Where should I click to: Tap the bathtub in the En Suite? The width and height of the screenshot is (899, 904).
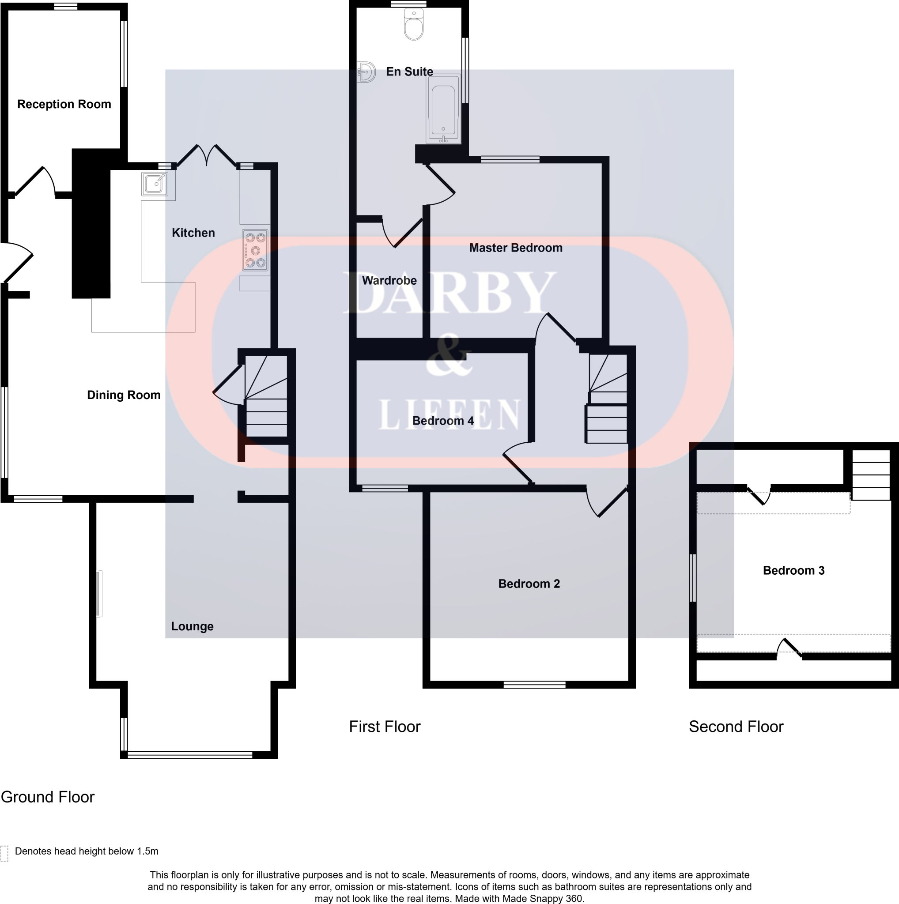click(443, 109)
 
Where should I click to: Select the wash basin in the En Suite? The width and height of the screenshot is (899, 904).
click(366, 72)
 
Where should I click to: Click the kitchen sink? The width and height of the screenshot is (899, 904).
click(155, 184)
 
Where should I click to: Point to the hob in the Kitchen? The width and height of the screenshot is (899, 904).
click(255, 250)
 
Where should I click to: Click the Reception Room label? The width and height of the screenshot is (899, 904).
click(64, 104)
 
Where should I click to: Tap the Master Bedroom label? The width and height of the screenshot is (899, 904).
click(516, 248)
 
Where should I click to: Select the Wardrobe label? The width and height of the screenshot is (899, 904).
click(389, 280)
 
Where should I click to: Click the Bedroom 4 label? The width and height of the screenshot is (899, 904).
click(443, 421)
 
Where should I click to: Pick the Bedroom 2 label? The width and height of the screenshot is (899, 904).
click(529, 584)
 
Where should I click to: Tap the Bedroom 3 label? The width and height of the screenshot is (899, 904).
click(794, 570)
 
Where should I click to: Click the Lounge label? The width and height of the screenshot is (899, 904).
click(192, 626)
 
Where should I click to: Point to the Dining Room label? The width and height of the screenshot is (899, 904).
click(124, 395)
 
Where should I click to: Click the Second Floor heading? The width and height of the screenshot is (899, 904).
click(736, 726)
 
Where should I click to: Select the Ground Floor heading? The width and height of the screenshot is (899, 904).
click(48, 797)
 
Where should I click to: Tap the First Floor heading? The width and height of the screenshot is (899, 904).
click(385, 726)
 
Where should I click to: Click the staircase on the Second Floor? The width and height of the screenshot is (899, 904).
click(871, 475)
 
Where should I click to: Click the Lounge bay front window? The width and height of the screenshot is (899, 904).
click(190, 755)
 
